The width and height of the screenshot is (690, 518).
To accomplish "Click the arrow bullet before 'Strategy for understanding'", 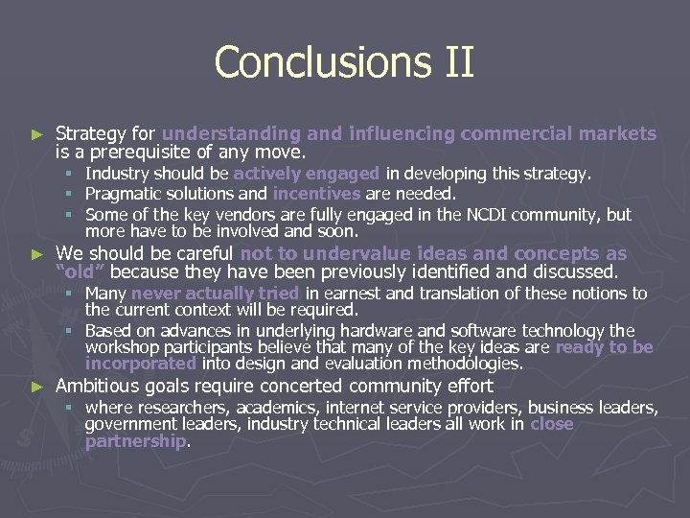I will pos(37,134).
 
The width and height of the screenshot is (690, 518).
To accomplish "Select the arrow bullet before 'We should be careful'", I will pos(37,254).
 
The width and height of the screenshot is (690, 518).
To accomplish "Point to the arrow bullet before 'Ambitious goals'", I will pos(37,387).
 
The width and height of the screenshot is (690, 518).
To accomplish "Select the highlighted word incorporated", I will pos(140,364).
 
